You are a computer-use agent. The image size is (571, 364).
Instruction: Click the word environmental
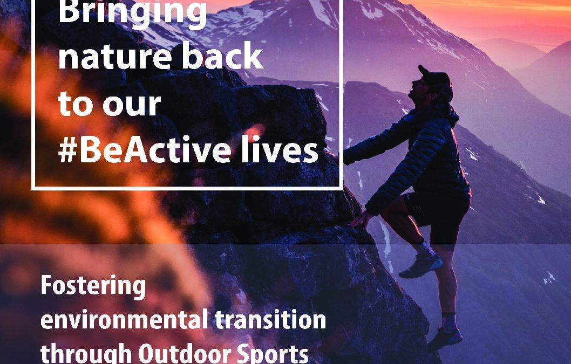pos(124,320)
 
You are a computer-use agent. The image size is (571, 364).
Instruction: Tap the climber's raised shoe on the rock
pos(421,265)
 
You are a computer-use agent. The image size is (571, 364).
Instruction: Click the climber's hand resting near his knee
pos(361,219)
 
